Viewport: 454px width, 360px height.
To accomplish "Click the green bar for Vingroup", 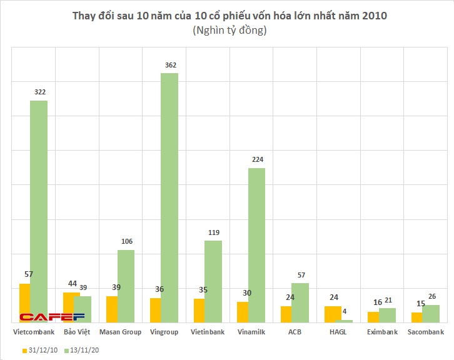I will pos(169,197).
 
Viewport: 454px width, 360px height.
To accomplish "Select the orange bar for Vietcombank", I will pos(24,302).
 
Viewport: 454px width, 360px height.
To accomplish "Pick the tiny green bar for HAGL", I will pos(343,321).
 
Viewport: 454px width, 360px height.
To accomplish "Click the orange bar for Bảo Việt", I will pos(71,307).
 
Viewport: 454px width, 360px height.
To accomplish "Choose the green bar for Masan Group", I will pos(126,286).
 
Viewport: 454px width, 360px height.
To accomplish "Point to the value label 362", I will pos(169,64).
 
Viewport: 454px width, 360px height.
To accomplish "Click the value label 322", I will pos(40,92).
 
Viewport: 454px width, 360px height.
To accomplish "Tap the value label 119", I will pos(213,232).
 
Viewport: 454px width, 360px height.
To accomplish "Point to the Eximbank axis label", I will pos(381,332).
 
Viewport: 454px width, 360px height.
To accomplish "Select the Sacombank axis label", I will pos(425,332).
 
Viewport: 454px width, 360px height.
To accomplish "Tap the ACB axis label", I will pos(295,332).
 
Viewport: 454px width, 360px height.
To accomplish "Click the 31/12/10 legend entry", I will pos(43,351).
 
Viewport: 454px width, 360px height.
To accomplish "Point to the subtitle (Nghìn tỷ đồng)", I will pos(226,31).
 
